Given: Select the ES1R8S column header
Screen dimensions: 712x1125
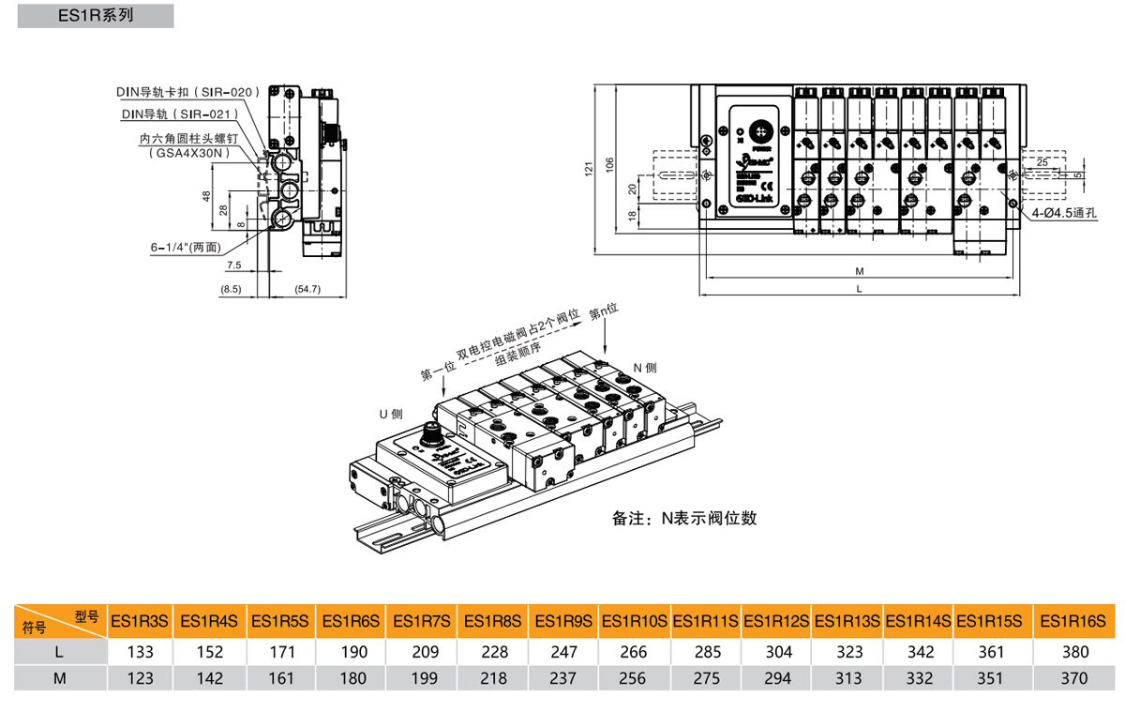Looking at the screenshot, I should pos(491,620).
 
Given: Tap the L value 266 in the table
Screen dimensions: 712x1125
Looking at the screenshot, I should pos(633,651).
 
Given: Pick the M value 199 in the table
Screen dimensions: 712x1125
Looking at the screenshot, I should pos(421,678).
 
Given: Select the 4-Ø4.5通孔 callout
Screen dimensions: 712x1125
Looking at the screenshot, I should pos(1061,213).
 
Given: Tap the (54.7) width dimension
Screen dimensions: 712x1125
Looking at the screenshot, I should pos(307,289).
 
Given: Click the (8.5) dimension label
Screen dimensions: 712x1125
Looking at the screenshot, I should pos(231,289).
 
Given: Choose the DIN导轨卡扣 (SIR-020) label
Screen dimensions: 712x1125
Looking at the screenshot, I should pos(186,93).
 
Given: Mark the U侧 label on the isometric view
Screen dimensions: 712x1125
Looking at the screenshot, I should pos(391,413).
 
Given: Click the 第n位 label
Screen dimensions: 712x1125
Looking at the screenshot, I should pos(606,311).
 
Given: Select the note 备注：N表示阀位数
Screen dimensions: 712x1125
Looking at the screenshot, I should pos(683,518).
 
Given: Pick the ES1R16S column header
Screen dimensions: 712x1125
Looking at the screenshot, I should pos(1074,620).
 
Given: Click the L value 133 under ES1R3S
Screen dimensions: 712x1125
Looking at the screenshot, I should pos(138,651).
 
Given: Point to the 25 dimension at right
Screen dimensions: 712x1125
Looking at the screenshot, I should pos(1042,161).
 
